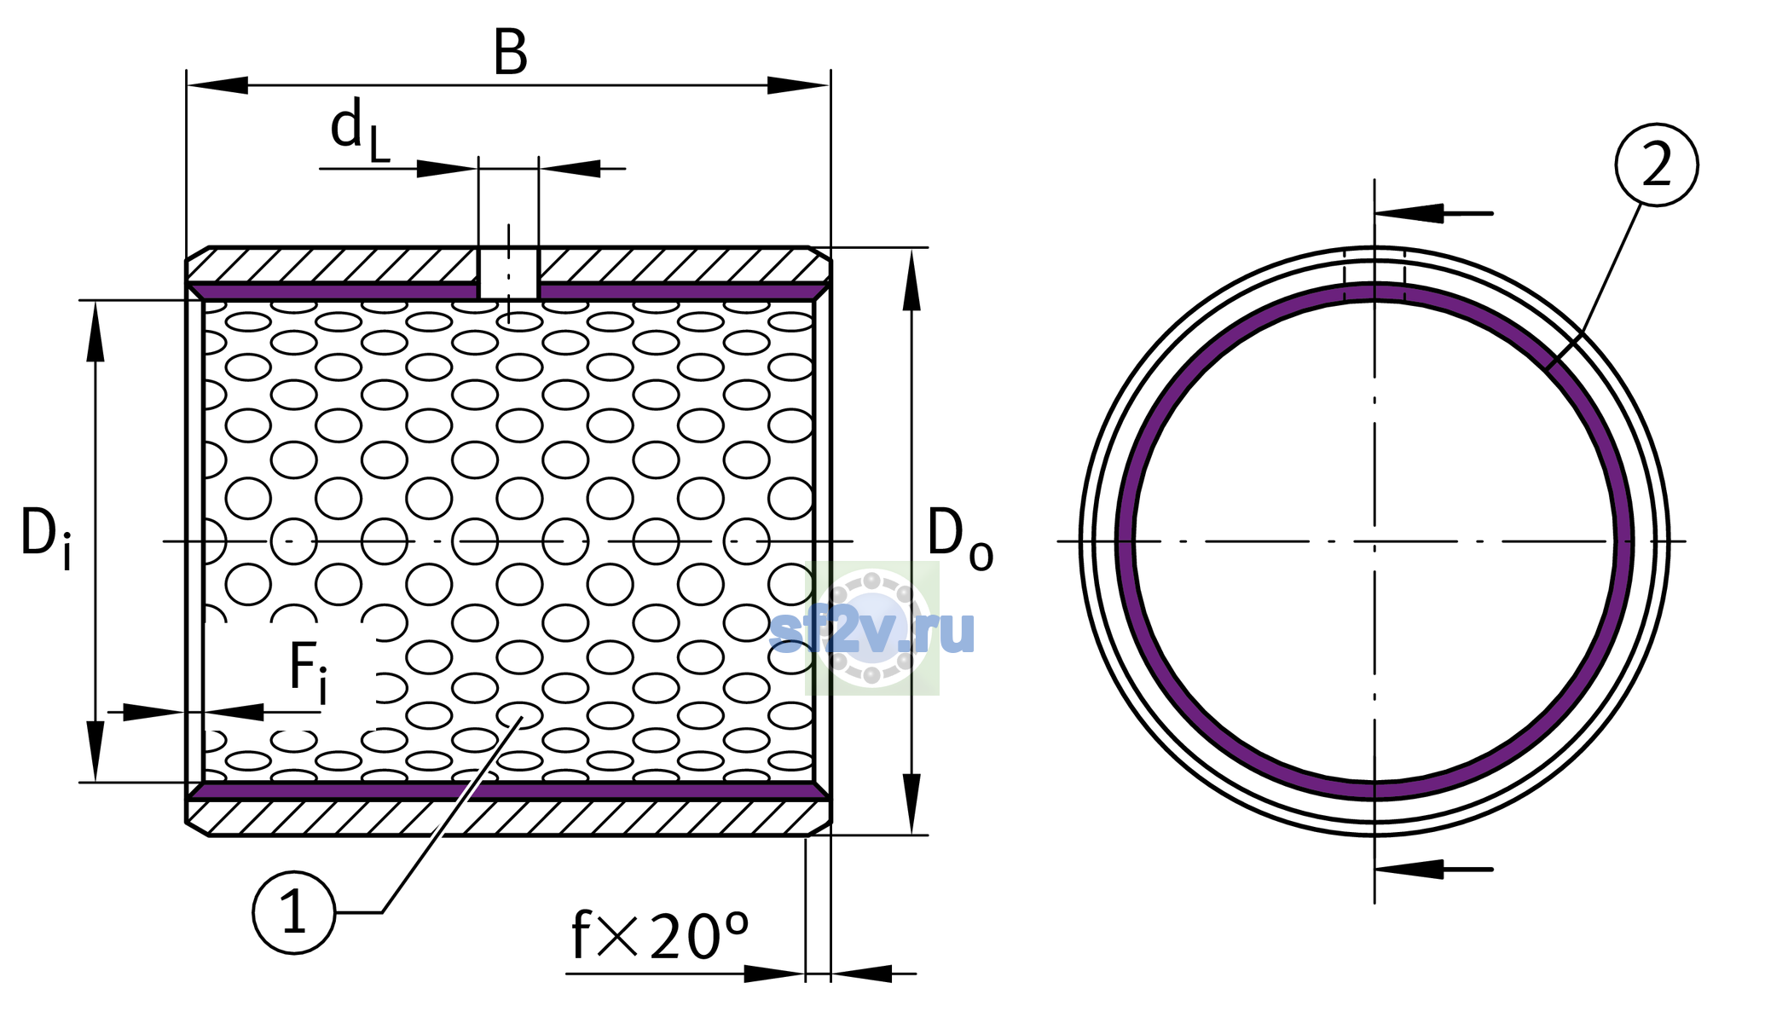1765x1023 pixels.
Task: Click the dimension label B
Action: coord(510,53)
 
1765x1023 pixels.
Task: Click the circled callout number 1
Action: coord(294,913)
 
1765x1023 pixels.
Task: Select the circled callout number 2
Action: coord(1657,165)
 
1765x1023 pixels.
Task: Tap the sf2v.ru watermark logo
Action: coord(872,629)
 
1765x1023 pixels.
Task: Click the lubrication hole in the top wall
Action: coord(508,274)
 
